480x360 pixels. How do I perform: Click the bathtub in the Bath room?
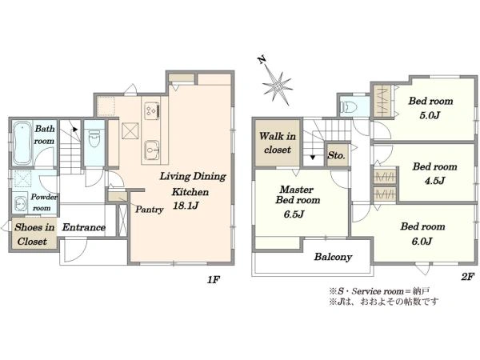tap(22, 143)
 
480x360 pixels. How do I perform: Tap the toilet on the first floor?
tap(94, 138)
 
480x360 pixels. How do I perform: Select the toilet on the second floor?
tap(350, 107)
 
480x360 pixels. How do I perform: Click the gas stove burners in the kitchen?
tap(152, 111)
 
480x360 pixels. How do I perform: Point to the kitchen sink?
tap(152, 150)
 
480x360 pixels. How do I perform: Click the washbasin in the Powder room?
tap(21, 203)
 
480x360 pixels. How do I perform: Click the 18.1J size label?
tap(186, 206)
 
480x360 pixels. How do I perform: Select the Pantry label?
tap(149, 210)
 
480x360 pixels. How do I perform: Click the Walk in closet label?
tap(278, 142)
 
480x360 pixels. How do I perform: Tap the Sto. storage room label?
tap(337, 155)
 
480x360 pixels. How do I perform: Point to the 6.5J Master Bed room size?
tap(294, 214)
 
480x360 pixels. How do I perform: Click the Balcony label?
tap(333, 257)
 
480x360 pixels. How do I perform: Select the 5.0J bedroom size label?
tap(430, 115)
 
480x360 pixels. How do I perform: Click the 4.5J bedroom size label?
tap(434, 181)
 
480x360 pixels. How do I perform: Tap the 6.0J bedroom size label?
tap(422, 242)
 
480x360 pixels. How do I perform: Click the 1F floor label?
tap(214, 279)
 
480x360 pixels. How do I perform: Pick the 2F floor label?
tap(468, 277)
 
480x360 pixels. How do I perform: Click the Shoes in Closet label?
tap(34, 234)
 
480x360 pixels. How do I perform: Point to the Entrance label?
tap(84, 227)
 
